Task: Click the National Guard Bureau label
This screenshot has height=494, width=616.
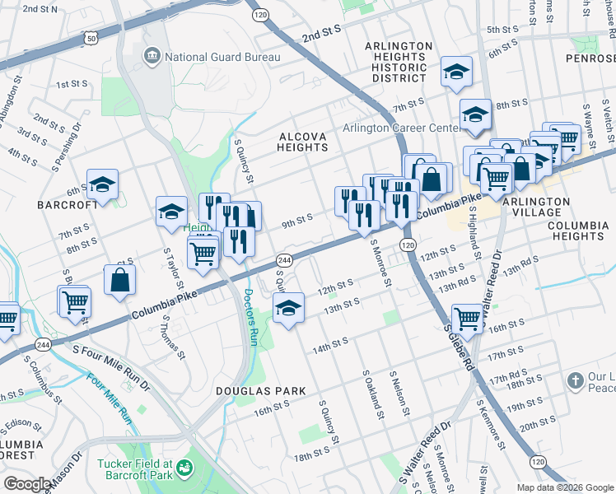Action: click(222, 57)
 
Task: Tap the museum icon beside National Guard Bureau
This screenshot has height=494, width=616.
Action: click(152, 56)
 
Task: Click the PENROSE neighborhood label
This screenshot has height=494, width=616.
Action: click(590, 58)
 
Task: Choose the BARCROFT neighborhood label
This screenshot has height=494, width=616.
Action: click(61, 204)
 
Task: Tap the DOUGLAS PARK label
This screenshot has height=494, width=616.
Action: click(261, 391)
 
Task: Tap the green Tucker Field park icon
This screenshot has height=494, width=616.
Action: click(184, 468)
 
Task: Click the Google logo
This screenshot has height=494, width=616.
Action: click(27, 484)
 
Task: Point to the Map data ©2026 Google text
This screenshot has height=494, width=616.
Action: click(565, 487)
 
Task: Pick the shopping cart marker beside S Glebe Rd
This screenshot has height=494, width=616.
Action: click(467, 317)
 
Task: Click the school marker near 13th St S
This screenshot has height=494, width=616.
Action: click(287, 310)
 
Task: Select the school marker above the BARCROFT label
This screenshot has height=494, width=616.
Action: click(103, 186)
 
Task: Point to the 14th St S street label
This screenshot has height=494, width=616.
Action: click(329, 341)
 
